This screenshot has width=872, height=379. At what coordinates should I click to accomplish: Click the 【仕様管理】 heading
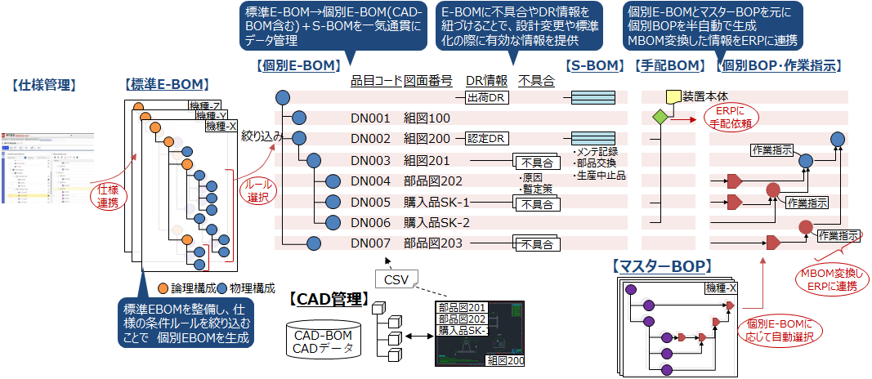click(x=43, y=85)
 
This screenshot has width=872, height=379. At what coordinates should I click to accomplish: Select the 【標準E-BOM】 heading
click(x=167, y=85)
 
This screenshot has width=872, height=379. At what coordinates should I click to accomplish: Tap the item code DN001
click(x=370, y=118)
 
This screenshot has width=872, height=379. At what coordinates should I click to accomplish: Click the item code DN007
click(x=370, y=243)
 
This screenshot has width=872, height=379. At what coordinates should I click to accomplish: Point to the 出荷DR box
click(x=487, y=98)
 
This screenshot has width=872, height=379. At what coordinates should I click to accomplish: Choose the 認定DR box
click(x=487, y=139)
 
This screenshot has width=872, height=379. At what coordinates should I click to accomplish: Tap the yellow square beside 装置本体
click(x=673, y=97)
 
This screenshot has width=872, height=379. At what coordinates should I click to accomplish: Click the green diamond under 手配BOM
click(x=659, y=118)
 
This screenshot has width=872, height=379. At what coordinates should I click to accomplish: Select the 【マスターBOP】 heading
click(x=661, y=265)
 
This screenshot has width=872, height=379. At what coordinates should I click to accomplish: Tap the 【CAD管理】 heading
click(x=327, y=299)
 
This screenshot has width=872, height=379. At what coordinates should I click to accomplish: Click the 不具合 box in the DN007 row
click(x=536, y=243)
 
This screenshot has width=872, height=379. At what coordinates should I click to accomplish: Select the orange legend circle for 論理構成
click(x=163, y=288)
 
